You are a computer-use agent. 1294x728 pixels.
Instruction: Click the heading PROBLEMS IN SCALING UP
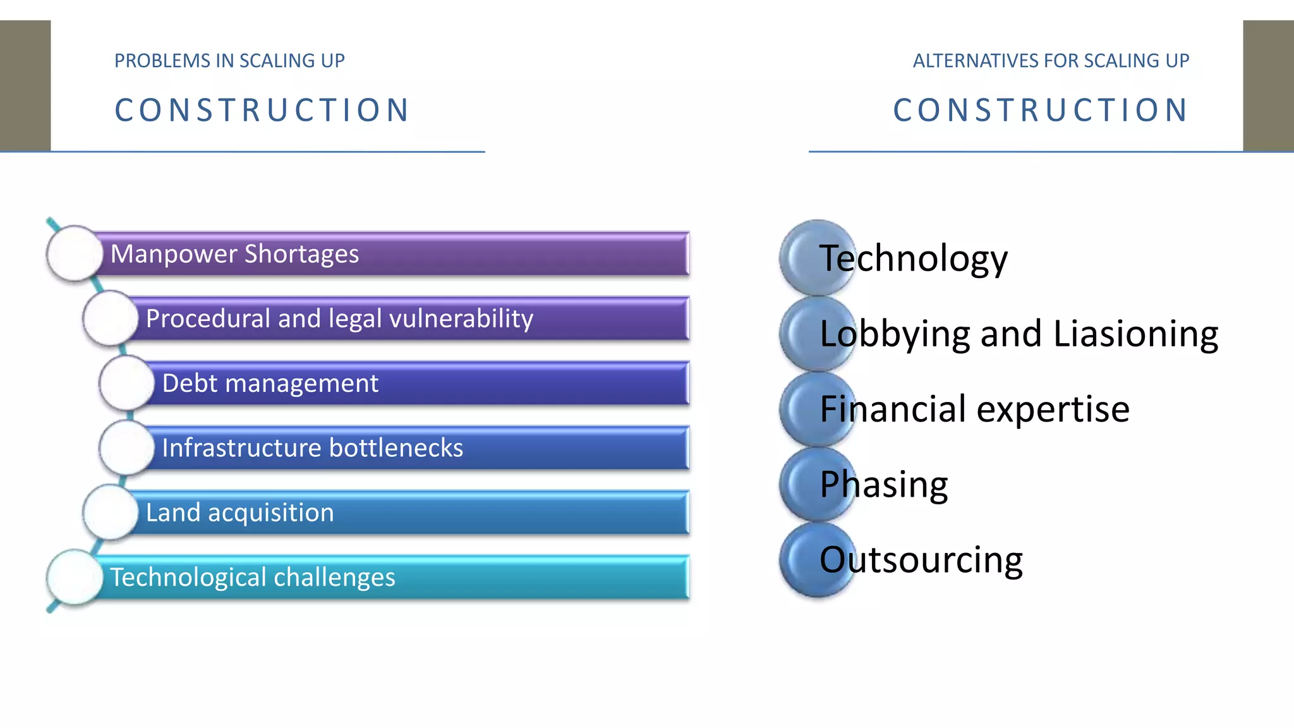(229, 61)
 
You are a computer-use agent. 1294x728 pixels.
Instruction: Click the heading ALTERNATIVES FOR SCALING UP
(1051, 61)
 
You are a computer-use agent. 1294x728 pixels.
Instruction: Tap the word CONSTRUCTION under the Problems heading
(263, 110)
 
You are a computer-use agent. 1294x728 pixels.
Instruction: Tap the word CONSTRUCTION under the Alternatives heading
(1041, 110)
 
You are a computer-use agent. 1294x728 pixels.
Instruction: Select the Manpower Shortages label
(234, 254)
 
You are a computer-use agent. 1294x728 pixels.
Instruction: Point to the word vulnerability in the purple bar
(461, 318)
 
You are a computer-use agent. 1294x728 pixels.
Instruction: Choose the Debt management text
(270, 384)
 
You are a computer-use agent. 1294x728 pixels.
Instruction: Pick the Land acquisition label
(239, 513)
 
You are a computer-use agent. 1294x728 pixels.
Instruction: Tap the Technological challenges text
(253, 578)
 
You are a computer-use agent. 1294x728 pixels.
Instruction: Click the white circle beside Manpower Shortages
(75, 253)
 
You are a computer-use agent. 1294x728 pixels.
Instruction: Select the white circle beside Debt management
(126, 383)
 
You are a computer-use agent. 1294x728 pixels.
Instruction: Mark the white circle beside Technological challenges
(75, 577)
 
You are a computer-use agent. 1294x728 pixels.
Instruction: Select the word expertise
(1053, 409)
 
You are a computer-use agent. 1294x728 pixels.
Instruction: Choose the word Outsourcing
(921, 560)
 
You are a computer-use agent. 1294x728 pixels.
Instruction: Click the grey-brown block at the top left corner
(25, 85)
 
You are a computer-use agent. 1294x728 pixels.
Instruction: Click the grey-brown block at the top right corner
(1268, 85)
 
